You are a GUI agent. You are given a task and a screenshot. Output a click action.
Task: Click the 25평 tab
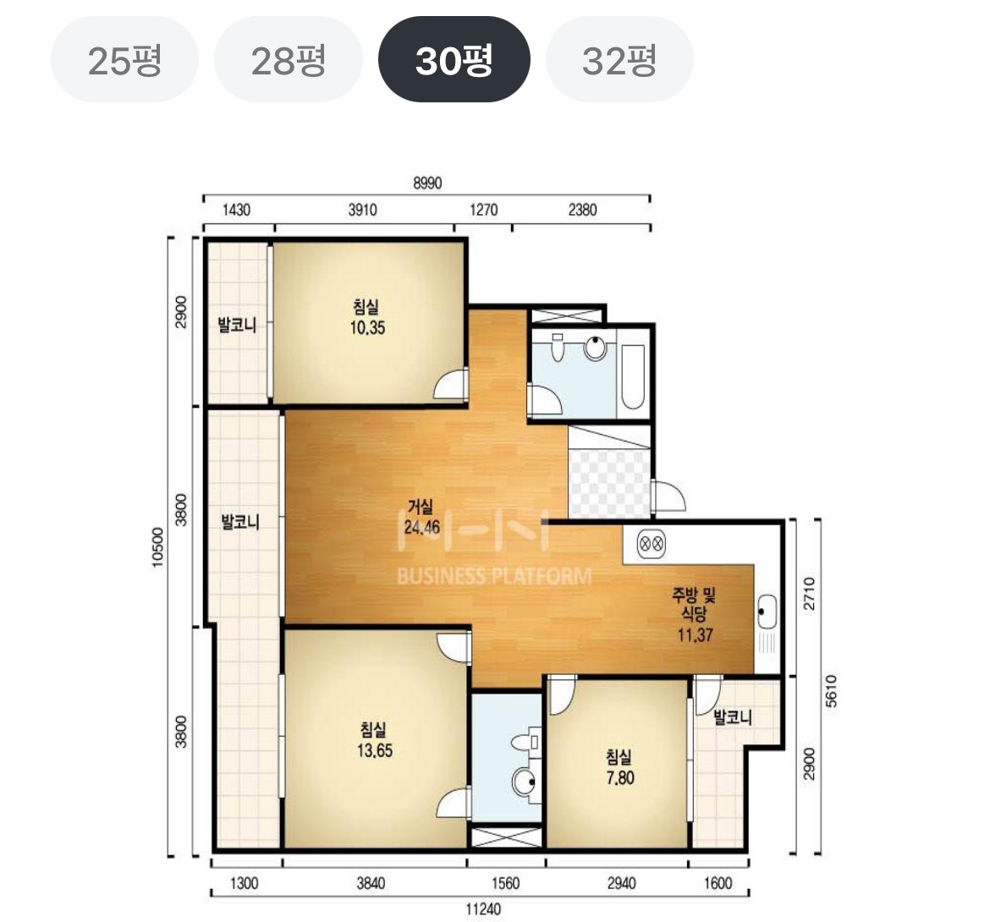[124, 60]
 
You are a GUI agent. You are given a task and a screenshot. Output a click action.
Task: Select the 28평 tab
[289, 60]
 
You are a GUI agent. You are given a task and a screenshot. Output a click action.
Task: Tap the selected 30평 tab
[454, 60]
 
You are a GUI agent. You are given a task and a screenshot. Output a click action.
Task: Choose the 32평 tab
[619, 60]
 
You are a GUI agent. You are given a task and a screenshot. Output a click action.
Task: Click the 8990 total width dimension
[427, 183]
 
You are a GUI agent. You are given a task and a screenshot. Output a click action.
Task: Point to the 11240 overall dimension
[483, 908]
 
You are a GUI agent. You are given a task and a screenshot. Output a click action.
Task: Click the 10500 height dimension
[158, 547]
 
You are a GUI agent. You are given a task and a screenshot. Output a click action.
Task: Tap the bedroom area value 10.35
[367, 328]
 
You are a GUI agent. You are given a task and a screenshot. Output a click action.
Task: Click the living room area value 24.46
[421, 528]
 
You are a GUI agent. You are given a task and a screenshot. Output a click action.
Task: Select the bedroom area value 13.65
[375, 750]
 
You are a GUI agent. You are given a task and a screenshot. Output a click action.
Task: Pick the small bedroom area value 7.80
[620, 778]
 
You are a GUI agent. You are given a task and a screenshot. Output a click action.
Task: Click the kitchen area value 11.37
[696, 635]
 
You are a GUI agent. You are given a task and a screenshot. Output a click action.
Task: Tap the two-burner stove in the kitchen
[651, 543]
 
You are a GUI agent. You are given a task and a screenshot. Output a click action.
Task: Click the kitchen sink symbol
[767, 612]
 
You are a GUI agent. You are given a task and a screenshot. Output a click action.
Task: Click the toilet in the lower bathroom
[524, 741]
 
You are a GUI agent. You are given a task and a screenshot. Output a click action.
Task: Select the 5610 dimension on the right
[831, 690]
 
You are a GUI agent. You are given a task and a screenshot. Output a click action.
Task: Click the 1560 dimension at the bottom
[505, 883]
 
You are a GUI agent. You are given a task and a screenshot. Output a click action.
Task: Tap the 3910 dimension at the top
[362, 210]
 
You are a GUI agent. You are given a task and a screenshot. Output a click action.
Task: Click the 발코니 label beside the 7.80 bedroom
[733, 717]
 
